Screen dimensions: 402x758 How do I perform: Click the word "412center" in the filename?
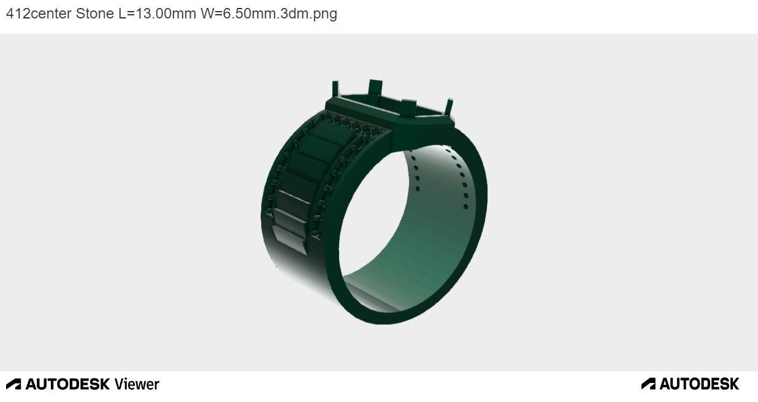39,14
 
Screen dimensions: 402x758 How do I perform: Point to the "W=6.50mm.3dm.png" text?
269,14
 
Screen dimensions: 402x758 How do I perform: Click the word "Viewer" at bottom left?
137,384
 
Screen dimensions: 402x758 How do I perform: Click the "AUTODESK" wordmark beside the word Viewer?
67,384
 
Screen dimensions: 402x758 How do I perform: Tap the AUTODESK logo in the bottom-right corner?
690,384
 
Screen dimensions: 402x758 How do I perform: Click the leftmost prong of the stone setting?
335,89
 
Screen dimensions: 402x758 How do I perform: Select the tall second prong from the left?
375,88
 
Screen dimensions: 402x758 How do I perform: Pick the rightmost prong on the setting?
449,107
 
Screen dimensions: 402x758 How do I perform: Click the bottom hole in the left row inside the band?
418,188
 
